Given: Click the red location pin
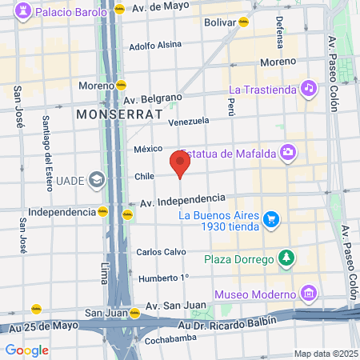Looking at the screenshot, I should (x=180, y=163).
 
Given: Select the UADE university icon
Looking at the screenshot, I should (x=98, y=180).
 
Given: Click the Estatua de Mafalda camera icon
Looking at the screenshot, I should (x=287, y=152).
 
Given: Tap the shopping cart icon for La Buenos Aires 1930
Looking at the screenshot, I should (x=271, y=218).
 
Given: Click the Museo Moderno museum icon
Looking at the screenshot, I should (x=307, y=295).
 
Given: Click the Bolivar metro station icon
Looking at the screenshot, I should (x=243, y=22).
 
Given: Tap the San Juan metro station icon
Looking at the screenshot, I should (x=135, y=313).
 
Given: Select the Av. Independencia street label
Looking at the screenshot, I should (x=182, y=199).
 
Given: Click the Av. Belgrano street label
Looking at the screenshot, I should (x=154, y=99).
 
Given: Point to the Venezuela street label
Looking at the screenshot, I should (x=189, y=122).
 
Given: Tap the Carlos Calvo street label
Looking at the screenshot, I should (x=161, y=251).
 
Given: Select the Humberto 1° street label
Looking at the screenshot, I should (x=163, y=278).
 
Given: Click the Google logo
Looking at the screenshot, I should (x=26, y=350).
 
